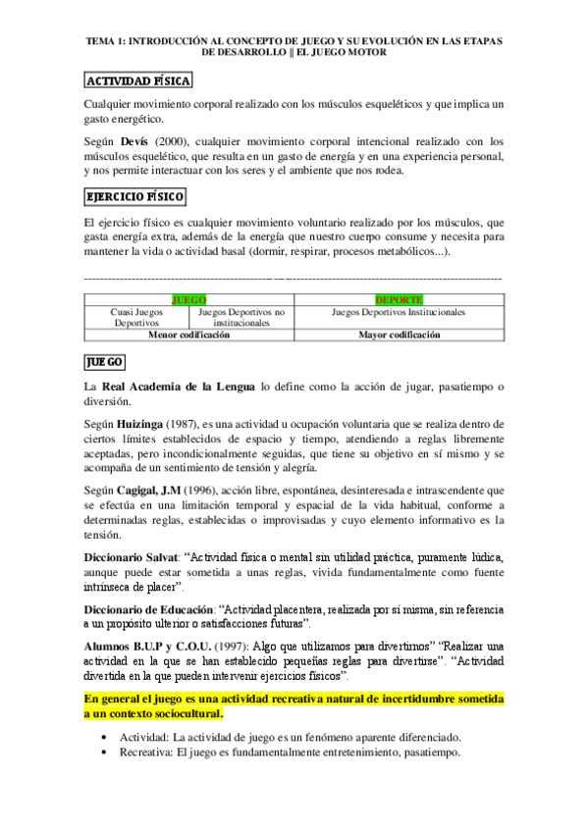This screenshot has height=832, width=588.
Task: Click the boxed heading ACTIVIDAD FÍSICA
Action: click(137, 81)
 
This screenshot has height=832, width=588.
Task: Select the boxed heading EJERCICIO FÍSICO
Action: click(134, 197)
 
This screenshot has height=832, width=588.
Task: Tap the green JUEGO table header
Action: click(188, 298)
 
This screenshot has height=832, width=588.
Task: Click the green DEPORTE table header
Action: click(399, 298)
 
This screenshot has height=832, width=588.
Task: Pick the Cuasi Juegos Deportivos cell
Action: click(135, 317)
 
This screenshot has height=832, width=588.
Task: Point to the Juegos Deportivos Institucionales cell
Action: click(399, 312)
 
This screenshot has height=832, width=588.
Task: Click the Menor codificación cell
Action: click(188, 335)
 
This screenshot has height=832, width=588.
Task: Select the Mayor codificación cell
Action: click(399, 335)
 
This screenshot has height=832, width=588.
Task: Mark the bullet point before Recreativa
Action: click(105, 752)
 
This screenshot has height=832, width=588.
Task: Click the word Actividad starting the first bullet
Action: click(141, 737)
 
